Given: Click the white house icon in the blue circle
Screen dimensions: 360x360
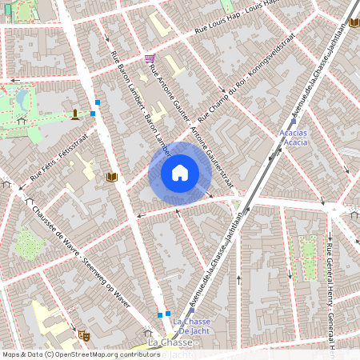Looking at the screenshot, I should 180,173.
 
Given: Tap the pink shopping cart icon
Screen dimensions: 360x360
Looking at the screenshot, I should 150,58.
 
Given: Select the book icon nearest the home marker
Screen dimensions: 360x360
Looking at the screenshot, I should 112,177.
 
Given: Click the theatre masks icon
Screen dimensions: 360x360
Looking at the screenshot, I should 82,334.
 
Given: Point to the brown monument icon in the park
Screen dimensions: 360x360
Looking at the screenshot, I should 74,114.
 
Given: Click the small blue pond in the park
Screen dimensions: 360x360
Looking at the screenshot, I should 23,98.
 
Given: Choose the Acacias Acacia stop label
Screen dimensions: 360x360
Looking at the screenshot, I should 295,137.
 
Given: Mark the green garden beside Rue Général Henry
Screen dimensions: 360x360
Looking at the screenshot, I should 308,249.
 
